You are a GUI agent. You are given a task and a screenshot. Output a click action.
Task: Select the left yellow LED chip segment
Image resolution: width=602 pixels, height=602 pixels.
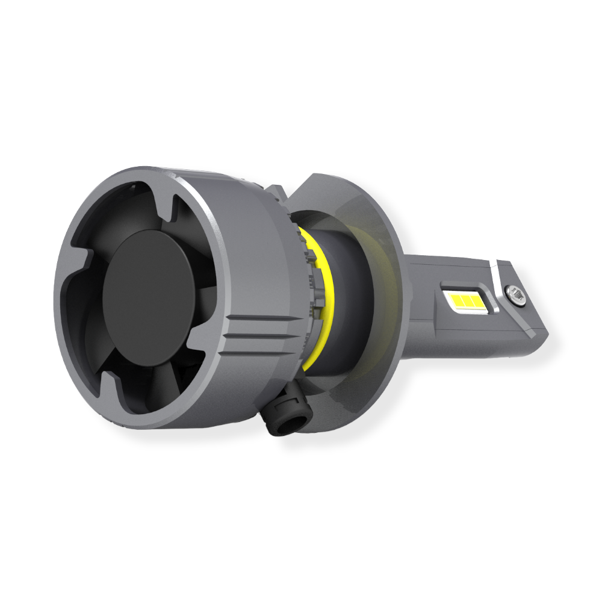coord(455,299)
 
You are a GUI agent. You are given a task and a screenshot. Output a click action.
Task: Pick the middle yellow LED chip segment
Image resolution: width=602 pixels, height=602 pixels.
coord(465,299)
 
